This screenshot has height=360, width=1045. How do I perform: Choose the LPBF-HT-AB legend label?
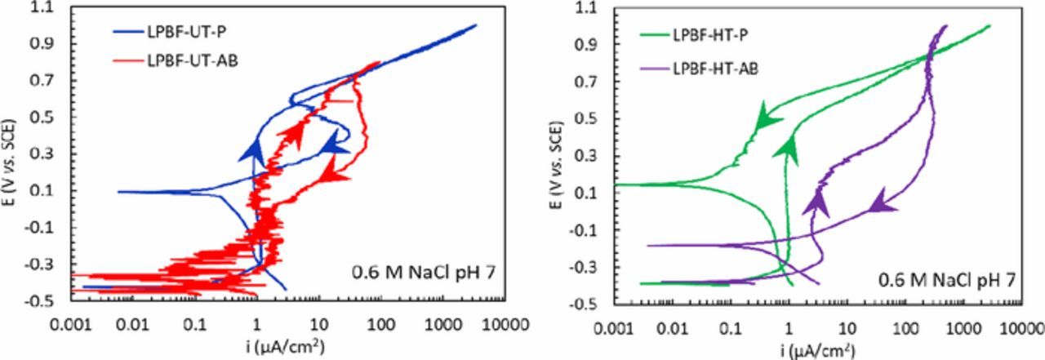pos(716,69)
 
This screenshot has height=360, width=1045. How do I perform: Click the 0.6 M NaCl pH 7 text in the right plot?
pos(947,279)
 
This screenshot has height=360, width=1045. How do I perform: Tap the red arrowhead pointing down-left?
pos(331,170)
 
